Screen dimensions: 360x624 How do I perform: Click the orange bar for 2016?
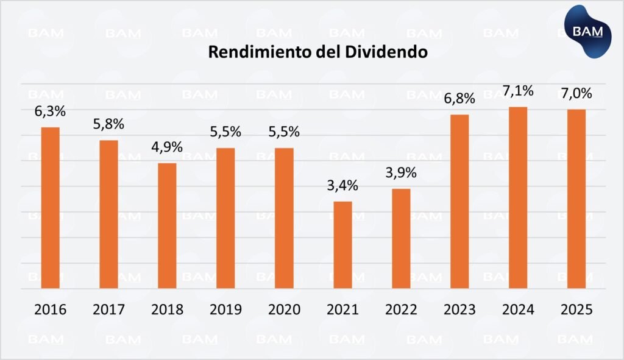tap(50, 207)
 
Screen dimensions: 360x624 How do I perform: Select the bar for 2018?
tap(167, 225)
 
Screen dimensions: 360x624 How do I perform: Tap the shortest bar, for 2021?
tap(342, 244)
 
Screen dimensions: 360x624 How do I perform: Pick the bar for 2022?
tap(401, 238)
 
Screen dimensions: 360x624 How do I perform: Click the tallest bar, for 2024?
tap(518, 197)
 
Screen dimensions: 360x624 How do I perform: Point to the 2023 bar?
tap(459, 201)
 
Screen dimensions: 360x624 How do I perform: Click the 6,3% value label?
tap(50, 112)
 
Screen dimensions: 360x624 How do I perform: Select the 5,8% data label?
tap(108, 124)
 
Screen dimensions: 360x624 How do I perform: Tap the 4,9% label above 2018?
tap(167, 147)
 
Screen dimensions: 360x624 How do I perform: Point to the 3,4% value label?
tap(342, 186)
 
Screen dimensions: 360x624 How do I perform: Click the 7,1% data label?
tap(518, 91)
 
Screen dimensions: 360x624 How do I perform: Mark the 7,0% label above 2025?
tap(576, 94)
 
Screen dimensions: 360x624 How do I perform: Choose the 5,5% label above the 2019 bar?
tap(225, 132)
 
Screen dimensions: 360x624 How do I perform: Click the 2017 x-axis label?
tap(108, 309)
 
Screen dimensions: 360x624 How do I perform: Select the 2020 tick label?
tap(284, 309)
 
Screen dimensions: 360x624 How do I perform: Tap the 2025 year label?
tap(576, 309)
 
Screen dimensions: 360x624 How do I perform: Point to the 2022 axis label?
tap(401, 309)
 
